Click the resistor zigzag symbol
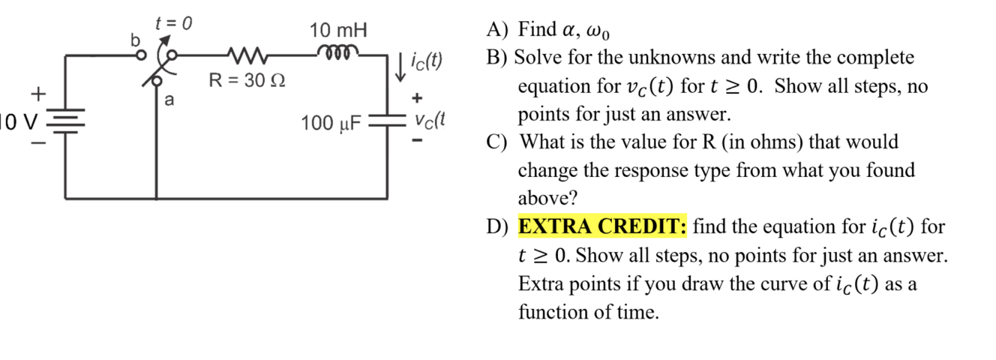point(244,55)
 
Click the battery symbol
point(66,120)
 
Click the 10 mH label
point(339,31)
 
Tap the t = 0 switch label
point(172,23)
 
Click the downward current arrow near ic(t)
point(402,66)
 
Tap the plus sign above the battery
point(37,93)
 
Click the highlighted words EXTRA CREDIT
point(602,226)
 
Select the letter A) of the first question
point(496,31)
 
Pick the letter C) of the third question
point(496,142)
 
